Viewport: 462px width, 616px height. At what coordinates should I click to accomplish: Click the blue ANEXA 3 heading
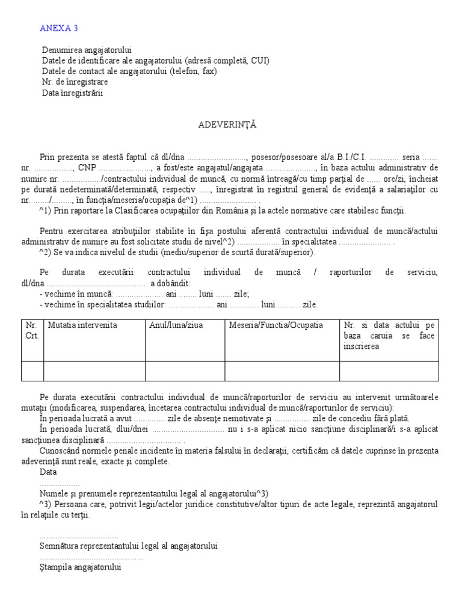[x=58, y=28]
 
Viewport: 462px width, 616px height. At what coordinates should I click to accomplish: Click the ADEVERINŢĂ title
[x=228, y=125]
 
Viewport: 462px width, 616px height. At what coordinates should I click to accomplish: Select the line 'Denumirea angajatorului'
[x=87, y=50]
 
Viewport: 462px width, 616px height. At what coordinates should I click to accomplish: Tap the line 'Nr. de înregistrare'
[x=75, y=82]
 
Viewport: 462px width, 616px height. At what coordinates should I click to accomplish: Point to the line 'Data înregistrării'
[x=73, y=93]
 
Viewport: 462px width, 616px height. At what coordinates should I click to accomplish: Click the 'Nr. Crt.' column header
[x=32, y=330]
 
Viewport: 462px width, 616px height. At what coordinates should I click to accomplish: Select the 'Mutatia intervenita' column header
[x=82, y=325]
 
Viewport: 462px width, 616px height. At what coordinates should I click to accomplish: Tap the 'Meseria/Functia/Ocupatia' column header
[x=276, y=325]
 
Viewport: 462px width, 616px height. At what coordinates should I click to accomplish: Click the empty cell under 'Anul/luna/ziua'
[x=185, y=371]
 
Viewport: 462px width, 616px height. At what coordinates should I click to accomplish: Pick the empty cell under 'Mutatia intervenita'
[x=94, y=371]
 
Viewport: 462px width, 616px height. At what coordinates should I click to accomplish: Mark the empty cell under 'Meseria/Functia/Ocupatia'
[x=282, y=371]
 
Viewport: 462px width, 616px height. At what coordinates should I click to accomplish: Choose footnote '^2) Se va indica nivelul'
[x=177, y=252]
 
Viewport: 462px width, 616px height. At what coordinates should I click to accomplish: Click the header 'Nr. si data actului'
[x=389, y=336]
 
